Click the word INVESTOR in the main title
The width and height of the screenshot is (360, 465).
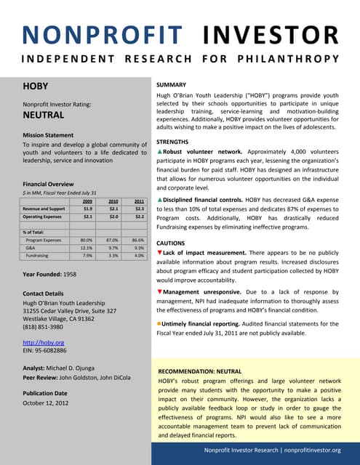tap(269, 35)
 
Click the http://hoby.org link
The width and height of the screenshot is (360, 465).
tap(44, 341)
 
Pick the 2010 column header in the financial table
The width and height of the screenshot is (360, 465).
tap(113, 201)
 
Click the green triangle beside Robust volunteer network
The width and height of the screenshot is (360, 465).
tap(160, 152)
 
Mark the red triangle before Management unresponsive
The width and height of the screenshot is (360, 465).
tap(160, 291)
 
